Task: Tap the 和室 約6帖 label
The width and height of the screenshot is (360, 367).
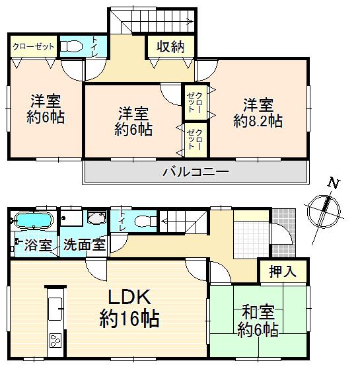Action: (x=258, y=320)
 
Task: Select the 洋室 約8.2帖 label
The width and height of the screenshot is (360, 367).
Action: (x=258, y=113)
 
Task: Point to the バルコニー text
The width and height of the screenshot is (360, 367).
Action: (x=196, y=173)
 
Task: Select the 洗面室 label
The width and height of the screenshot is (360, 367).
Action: (x=84, y=245)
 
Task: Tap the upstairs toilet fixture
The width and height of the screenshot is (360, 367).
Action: (x=71, y=46)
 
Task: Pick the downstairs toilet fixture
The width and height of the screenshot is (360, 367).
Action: (x=140, y=220)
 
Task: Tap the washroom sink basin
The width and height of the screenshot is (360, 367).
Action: (x=96, y=220)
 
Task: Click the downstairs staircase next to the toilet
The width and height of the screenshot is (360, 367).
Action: (x=184, y=220)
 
